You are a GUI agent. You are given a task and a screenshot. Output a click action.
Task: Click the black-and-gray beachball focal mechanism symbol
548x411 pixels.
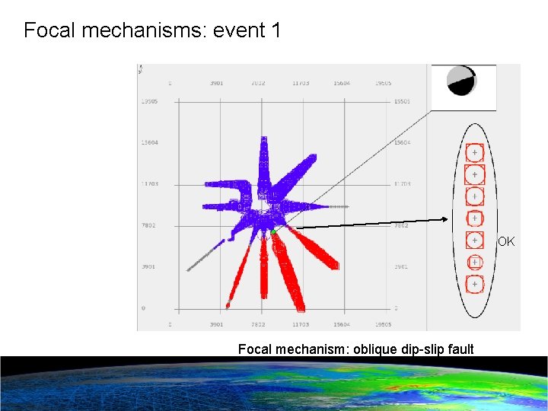click(x=461, y=81)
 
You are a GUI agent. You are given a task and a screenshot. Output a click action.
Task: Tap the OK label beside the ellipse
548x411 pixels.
click(x=506, y=242)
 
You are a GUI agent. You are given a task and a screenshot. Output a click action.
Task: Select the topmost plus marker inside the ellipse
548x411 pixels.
click(x=474, y=153)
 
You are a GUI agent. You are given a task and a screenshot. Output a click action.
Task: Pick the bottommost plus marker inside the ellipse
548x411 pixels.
click(x=474, y=285)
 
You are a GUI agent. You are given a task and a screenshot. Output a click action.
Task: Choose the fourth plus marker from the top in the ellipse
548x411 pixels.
click(x=474, y=219)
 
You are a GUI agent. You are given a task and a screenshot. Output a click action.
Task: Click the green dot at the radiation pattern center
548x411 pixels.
click(x=272, y=230)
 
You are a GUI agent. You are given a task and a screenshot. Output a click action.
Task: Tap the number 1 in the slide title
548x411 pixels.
click(x=276, y=31)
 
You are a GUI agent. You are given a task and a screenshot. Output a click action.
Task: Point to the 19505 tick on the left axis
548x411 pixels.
click(x=149, y=101)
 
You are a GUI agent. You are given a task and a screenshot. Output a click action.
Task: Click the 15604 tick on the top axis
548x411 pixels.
click(x=342, y=83)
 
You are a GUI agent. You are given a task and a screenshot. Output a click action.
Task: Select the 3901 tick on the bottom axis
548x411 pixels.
click(x=216, y=323)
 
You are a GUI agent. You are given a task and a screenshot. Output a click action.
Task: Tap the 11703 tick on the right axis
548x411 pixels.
click(x=402, y=184)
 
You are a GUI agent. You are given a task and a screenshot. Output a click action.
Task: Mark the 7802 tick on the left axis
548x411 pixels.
click(x=149, y=225)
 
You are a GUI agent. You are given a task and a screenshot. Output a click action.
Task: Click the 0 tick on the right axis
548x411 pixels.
click(x=396, y=308)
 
